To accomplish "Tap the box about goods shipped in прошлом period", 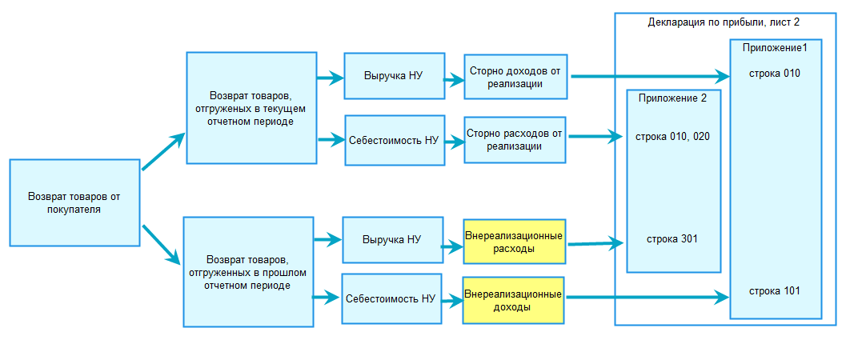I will coord(247,272).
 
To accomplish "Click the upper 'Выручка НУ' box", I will coord(393,76).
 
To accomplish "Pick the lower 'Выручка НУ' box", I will coord(391,239).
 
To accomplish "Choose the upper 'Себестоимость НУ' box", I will coord(395,140).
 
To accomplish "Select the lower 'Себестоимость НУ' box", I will coord(391,298).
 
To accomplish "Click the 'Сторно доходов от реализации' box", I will coord(515,77).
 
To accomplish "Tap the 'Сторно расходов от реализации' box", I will coord(515,140).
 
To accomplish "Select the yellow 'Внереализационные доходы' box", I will coord(514,300).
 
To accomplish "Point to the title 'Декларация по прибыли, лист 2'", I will coord(724,22).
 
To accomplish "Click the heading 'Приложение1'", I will coord(775,48).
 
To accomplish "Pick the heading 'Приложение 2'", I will coord(672,99).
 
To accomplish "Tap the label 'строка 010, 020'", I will coord(672,137).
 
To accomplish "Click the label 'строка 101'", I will coord(774,290).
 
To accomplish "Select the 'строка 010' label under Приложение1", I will coord(774,74).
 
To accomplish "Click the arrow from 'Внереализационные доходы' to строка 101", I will coord(648,298).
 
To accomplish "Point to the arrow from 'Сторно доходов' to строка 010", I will coord(648,77).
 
